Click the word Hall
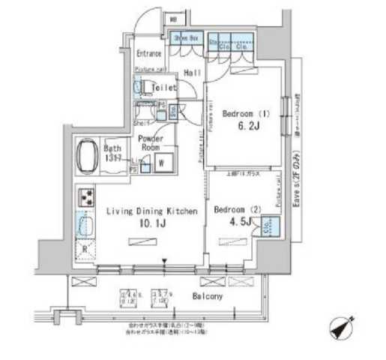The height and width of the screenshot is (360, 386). coord(192,72)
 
